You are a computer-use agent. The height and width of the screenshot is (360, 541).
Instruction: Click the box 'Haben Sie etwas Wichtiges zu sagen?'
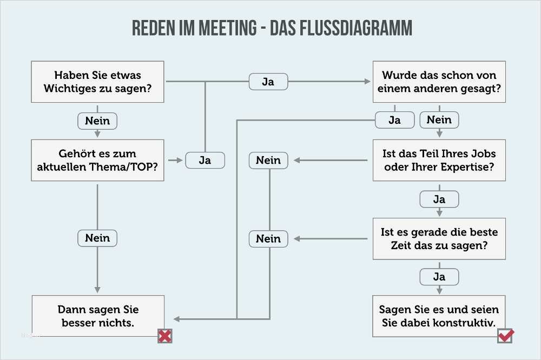pyautogui.click(x=97, y=82)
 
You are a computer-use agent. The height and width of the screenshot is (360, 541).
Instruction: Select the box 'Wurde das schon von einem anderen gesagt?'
pyautogui.click(x=439, y=82)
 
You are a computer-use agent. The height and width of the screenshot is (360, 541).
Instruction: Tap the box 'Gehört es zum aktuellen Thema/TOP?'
pyautogui.click(x=97, y=161)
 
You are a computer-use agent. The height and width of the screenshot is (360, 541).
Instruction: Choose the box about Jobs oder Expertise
pyautogui.click(x=439, y=161)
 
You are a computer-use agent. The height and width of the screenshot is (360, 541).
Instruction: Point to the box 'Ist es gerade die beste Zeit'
pyautogui.click(x=439, y=238)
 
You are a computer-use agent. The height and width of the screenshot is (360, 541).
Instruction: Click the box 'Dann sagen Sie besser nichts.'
pyautogui.click(x=97, y=316)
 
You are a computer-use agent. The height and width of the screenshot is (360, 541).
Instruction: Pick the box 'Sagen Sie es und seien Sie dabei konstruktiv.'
pyautogui.click(x=439, y=316)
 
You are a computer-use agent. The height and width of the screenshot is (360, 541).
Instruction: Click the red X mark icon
pyautogui.click(x=165, y=336)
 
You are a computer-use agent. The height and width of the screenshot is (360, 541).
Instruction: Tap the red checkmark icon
pyautogui.click(x=506, y=336)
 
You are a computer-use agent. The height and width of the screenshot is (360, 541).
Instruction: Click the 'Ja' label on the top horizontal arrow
pyautogui.click(x=268, y=82)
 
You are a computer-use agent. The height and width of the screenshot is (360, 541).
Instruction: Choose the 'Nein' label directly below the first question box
pyautogui.click(x=97, y=121)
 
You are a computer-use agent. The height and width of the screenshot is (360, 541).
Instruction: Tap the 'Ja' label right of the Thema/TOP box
pyautogui.click(x=205, y=161)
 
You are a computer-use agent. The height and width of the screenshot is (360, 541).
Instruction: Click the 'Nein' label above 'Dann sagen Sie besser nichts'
pyautogui.click(x=97, y=238)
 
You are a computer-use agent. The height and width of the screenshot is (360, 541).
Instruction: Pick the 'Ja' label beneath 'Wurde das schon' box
pyautogui.click(x=394, y=120)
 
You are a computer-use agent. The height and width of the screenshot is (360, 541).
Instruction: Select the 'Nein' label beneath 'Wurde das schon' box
pyautogui.click(x=439, y=120)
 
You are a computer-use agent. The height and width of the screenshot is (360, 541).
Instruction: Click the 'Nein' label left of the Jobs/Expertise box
pyautogui.click(x=268, y=161)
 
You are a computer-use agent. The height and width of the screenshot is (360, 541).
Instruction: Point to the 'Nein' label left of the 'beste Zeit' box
pyautogui.click(x=268, y=238)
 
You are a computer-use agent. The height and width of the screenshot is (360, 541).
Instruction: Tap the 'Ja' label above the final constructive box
pyautogui.click(x=439, y=277)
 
